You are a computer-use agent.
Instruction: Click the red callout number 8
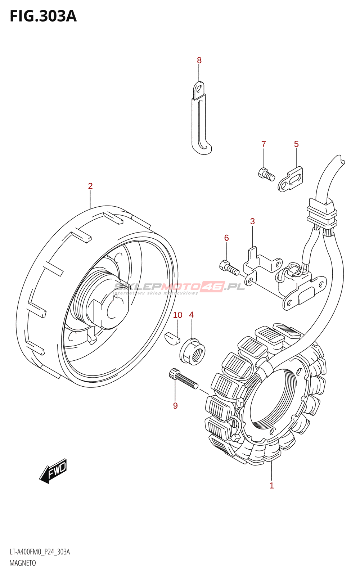click(199, 60)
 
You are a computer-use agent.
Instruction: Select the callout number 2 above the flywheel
click(90, 186)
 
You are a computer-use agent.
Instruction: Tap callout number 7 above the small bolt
click(264, 144)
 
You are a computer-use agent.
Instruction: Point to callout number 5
click(296, 144)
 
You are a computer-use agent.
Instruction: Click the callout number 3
click(252, 221)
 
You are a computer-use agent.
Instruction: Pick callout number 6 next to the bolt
click(226, 238)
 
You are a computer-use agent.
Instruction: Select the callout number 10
click(177, 315)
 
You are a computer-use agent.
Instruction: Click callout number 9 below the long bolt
click(175, 406)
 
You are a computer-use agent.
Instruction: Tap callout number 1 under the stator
click(272, 486)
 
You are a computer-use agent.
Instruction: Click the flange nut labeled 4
click(192, 351)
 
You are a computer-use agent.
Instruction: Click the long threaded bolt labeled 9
click(183, 379)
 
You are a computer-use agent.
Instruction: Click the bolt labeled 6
click(229, 267)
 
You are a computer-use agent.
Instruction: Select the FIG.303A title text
click(43, 17)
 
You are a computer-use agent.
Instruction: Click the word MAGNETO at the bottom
click(23, 563)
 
